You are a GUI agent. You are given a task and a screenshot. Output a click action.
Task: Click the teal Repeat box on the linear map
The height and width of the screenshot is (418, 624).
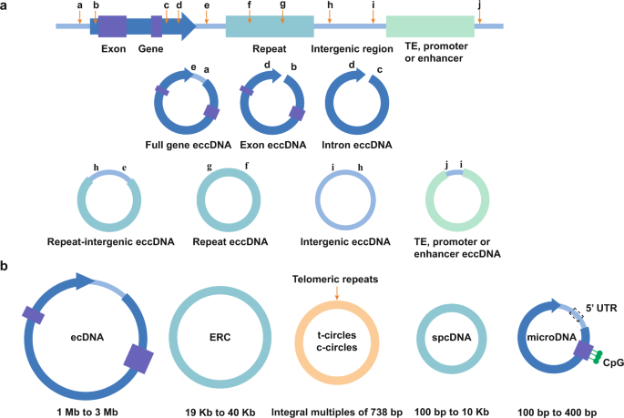[x=263, y=26]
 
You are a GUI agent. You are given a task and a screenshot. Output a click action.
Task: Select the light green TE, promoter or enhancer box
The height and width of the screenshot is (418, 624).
[x=429, y=26]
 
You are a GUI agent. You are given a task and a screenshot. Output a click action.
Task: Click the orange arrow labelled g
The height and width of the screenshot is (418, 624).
[x=282, y=14]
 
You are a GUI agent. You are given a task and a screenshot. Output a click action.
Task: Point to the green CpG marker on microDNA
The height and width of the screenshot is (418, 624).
[x=592, y=362]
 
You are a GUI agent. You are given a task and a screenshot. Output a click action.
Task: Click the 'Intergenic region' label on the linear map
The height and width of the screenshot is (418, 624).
[x=352, y=48]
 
